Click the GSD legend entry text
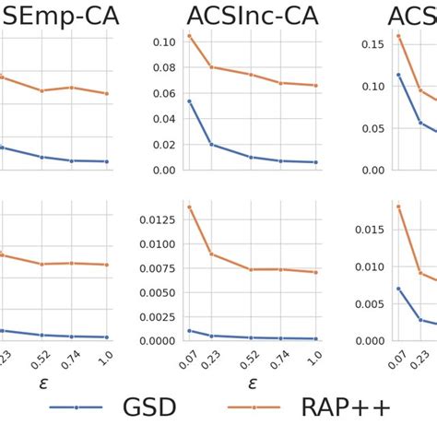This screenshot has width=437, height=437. click(149, 407)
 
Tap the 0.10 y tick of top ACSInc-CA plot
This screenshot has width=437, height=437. click(162, 42)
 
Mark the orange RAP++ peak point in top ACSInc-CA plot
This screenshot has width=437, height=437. click(190, 36)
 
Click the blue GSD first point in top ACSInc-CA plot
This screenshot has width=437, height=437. click(190, 101)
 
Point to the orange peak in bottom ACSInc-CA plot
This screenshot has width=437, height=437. click(190, 207)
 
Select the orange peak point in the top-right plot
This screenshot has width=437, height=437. click(398, 36)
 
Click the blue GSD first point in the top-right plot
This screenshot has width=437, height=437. click(398, 75)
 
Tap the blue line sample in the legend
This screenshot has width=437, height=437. click(77, 407)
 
